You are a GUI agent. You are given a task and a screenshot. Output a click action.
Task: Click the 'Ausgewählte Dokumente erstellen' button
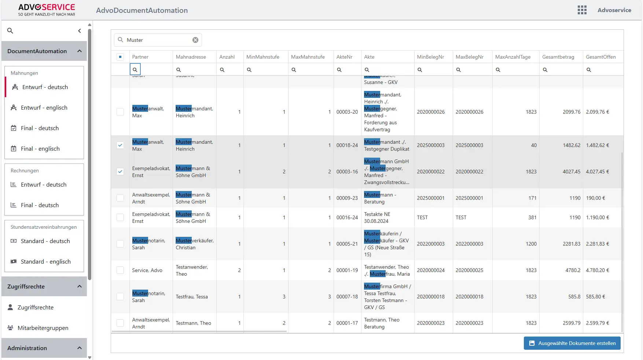(572, 343)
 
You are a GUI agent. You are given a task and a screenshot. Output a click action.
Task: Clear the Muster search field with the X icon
(195, 40)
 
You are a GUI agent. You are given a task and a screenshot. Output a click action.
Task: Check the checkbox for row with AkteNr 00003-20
(120, 112)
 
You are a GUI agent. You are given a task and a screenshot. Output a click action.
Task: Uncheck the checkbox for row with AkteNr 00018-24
(120, 145)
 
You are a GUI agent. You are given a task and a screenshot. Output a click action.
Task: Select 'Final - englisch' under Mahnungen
(40, 148)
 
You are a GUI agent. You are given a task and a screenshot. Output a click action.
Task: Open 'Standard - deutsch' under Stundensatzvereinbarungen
(45, 241)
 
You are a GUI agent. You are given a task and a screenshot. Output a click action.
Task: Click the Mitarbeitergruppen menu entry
(43, 328)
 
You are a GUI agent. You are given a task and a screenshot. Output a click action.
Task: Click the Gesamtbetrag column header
(558, 57)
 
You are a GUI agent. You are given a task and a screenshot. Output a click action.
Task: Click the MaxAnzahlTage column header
(512, 57)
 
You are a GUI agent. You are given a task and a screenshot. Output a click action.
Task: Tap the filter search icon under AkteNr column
(339, 70)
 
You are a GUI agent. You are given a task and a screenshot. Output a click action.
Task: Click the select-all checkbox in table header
(120, 57)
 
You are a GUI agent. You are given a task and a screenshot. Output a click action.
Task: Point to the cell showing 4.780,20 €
(597, 270)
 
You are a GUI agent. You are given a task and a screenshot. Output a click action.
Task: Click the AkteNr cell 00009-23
(347, 198)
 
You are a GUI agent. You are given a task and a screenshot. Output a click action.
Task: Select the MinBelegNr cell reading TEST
(422, 217)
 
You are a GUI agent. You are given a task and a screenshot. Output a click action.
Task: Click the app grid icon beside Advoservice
(582, 10)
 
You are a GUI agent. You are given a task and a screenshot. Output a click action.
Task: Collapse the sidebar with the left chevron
(80, 31)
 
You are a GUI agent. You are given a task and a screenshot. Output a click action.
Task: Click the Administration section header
(44, 348)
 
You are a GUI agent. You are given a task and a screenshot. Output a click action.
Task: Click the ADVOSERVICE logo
(47, 10)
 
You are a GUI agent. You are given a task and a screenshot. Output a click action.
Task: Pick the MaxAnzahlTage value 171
(532, 198)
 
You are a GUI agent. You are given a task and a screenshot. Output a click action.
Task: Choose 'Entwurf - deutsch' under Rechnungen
(43, 184)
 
